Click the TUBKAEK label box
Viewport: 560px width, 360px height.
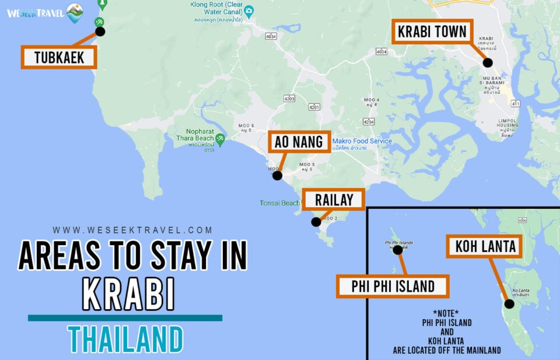tap(59, 57)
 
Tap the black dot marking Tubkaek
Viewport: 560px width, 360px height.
tap(100, 32)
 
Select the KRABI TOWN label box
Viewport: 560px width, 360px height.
tap(433, 32)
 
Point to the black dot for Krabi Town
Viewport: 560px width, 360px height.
tap(488, 62)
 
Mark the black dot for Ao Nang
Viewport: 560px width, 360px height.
tap(278, 175)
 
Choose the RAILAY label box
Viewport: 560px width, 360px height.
tap(334, 200)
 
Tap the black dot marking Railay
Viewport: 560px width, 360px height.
tap(316, 222)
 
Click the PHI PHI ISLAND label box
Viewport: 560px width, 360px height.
tap(393, 286)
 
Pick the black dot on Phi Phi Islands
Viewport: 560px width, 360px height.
tap(398, 250)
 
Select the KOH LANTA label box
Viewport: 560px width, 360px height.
tap(484, 246)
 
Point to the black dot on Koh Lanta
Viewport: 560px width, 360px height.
tap(509, 303)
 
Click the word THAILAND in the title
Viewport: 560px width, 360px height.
tap(125, 339)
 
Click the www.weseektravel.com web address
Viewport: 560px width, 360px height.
tap(133, 230)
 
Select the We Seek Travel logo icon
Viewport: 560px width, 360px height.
tap(75, 13)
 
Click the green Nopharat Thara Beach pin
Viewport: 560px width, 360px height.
tap(220, 139)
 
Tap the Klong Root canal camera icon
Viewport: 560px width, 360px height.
tap(249, 11)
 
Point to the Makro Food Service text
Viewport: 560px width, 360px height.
tap(362, 141)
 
